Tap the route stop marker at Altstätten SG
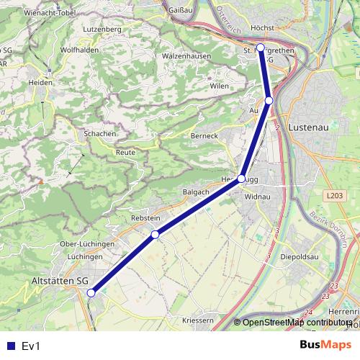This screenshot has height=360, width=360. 91,293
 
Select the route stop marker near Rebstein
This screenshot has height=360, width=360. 155,235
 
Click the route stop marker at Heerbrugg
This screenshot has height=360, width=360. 241,179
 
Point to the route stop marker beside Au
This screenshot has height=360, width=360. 269,101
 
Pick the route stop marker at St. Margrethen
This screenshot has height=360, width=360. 260,48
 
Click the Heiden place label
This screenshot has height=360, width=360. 40,83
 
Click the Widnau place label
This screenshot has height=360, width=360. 257,196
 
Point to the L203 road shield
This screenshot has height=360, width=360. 333,195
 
